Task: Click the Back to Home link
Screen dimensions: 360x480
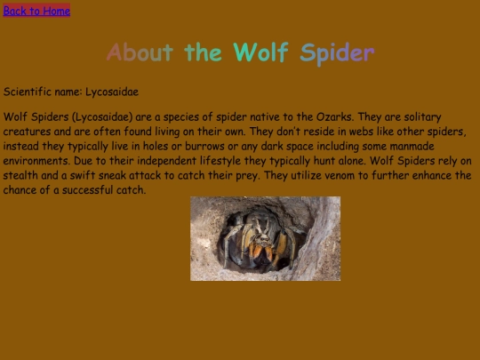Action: coord(36,11)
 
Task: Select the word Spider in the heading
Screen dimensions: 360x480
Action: coord(337,52)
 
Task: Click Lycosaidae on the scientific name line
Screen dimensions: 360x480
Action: coord(112,92)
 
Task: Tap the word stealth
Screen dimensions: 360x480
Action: coord(22,176)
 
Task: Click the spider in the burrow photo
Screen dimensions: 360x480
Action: coord(261,238)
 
